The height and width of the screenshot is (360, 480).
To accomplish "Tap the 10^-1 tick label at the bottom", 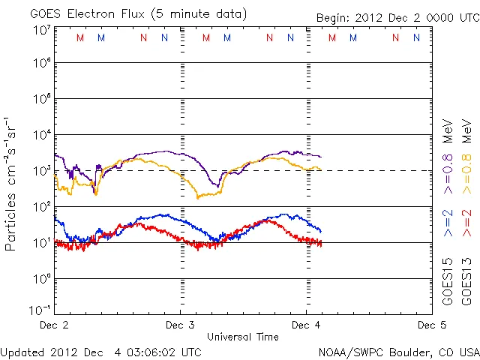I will coord(40,310).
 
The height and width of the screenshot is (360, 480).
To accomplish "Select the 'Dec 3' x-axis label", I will coord(180,325).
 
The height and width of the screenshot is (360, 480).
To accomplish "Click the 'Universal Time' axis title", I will coord(243,337).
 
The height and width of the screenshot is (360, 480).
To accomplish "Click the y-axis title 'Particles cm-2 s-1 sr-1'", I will coord(13,183).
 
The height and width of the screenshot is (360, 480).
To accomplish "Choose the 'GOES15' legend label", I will coord(448,282).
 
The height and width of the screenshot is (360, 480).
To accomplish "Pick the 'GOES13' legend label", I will coord(466,282).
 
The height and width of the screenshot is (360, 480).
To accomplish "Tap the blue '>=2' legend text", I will coord(448,222).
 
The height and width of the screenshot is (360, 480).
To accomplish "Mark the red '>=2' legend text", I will coord(466,222).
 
